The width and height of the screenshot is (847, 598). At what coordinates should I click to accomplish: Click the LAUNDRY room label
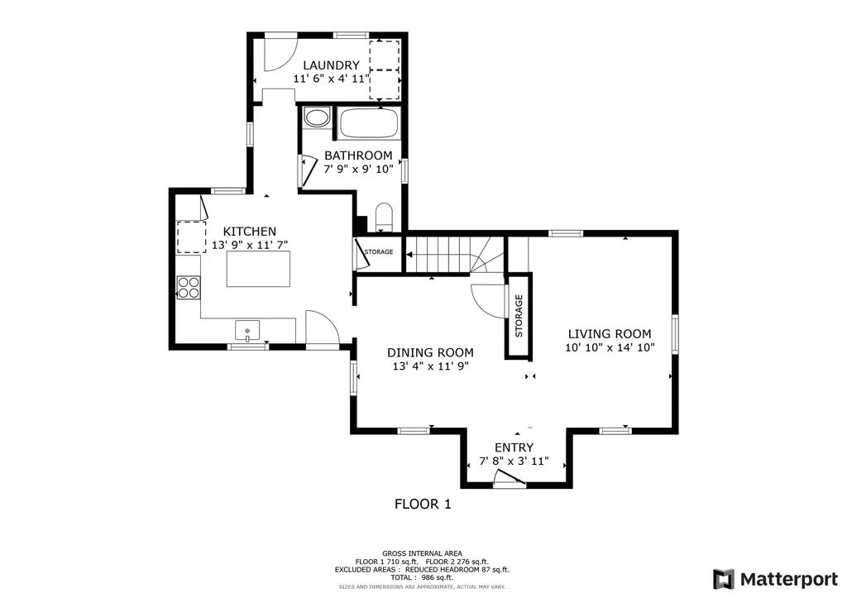click(331, 65)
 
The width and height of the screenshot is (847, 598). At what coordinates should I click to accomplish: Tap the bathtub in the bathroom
click(369, 123)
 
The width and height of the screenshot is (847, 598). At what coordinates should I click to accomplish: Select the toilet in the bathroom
click(384, 217)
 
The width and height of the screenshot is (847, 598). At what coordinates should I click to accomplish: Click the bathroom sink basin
click(317, 117)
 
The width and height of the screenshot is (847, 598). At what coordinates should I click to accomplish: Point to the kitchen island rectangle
click(258, 269)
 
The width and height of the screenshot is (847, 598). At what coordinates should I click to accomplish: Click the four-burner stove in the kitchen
click(189, 287)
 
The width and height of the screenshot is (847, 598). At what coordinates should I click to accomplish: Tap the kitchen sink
click(247, 331)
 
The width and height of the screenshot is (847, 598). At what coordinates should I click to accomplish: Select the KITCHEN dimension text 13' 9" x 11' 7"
click(250, 245)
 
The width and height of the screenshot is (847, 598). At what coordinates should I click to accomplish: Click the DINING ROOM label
click(430, 352)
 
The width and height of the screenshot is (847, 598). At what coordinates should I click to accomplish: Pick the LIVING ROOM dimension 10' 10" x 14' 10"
click(610, 347)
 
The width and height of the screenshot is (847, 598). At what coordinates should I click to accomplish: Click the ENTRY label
click(514, 447)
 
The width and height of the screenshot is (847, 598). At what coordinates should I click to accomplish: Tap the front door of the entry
click(510, 479)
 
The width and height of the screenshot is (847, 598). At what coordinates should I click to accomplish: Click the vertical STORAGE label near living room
click(519, 315)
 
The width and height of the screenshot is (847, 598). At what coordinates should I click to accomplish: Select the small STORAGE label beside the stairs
click(379, 251)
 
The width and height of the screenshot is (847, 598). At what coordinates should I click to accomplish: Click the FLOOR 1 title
click(423, 504)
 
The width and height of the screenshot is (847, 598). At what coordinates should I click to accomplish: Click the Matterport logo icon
click(724, 580)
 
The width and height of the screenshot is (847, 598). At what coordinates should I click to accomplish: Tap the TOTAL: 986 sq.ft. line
click(422, 577)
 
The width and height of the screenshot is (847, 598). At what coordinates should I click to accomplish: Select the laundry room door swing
click(281, 52)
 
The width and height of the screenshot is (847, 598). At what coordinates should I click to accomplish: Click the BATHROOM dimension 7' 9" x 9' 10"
click(358, 169)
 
